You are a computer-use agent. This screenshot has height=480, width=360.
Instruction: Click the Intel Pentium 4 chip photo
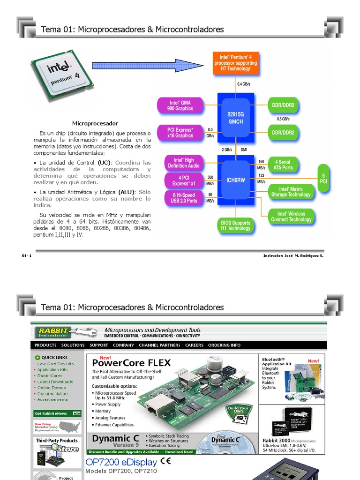(x=61, y=75)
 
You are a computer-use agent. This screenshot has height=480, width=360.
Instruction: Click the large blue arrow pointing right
(x=148, y=65)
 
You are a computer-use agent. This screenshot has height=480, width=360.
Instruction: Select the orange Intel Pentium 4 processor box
(x=235, y=63)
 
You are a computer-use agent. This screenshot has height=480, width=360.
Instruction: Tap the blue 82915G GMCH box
(x=235, y=115)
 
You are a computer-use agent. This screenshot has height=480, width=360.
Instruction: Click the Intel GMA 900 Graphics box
(x=180, y=105)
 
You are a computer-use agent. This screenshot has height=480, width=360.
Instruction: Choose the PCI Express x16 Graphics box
(x=180, y=132)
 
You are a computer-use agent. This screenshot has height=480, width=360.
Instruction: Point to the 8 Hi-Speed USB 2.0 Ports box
(x=180, y=198)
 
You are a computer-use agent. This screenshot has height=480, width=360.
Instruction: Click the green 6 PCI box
(x=323, y=178)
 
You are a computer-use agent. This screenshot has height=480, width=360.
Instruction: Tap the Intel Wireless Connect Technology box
(x=291, y=217)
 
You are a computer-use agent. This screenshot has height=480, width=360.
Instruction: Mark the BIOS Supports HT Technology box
(x=235, y=225)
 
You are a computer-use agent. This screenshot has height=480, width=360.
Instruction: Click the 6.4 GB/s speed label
(x=243, y=84)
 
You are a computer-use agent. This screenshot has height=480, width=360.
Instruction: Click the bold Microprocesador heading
(x=95, y=123)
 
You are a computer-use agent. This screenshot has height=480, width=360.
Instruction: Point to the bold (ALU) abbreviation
(x=126, y=192)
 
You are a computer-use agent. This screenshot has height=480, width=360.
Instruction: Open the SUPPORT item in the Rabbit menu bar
(x=98, y=345)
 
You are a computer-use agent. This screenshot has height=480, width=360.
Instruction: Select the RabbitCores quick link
(x=50, y=375)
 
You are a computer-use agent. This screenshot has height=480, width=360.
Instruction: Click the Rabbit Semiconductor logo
(x=52, y=332)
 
